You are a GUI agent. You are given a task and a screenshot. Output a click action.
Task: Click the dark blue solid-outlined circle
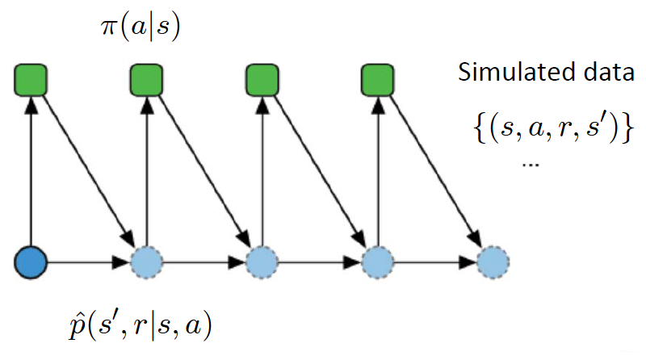[x=31, y=262]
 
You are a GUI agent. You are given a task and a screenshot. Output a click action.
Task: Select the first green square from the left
[x=31, y=80]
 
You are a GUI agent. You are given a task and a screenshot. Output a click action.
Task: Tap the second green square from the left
[x=146, y=80]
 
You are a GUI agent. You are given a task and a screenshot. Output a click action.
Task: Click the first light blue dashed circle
[x=146, y=262]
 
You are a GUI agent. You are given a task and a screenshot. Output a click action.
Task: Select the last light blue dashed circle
[x=492, y=262]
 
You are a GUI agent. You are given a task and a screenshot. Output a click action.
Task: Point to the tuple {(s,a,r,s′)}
[x=548, y=129]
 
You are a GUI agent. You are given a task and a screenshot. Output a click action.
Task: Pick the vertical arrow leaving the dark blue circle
[x=31, y=170]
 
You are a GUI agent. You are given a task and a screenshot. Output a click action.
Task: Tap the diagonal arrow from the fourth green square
[x=434, y=170]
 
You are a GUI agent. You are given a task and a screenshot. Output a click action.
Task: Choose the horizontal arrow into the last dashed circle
[x=434, y=262]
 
